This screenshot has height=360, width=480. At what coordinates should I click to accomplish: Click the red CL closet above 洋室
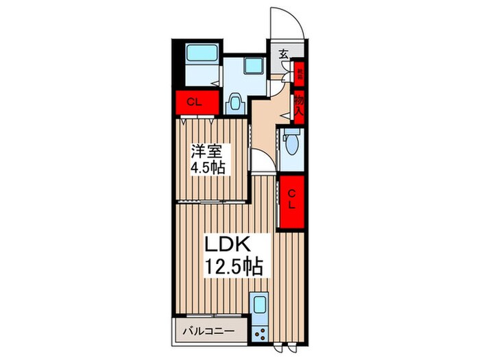[x=195, y=103]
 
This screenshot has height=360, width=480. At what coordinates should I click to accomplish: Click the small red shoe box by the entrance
[x=299, y=71]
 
